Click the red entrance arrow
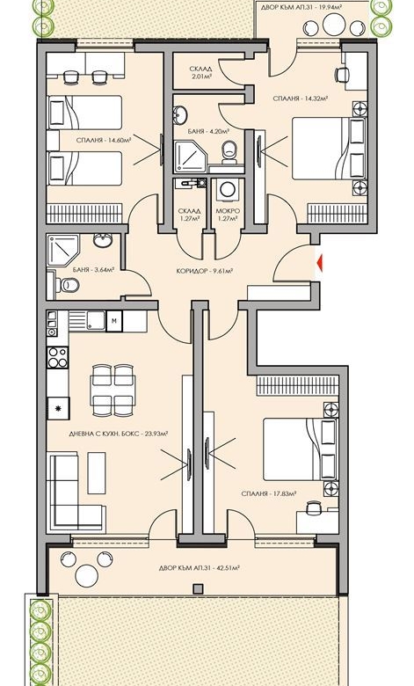pos(321,261)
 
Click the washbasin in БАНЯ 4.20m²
pos(180,114)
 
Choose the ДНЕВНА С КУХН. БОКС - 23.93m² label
pos(120,433)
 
